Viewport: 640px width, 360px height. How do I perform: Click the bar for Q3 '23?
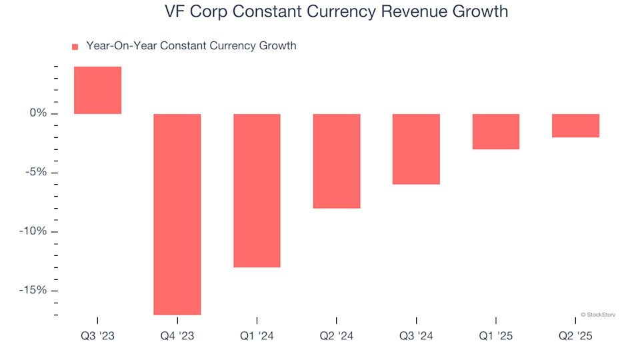pos(97,90)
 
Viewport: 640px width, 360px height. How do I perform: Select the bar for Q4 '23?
pos(177,214)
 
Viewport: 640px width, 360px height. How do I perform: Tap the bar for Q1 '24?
pos(257,191)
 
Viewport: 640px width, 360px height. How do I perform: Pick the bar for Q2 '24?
pos(337,161)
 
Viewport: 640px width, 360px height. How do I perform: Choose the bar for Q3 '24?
pos(416,149)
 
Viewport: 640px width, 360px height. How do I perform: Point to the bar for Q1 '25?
pos(496,131)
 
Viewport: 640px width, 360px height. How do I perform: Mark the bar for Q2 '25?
pos(576,125)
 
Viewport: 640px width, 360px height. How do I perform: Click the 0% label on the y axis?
pos(39,113)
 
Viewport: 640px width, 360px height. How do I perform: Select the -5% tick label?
pos(37,173)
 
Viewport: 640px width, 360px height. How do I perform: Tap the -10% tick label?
pos(34,231)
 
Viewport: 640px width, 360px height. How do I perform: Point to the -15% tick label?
pos(34,291)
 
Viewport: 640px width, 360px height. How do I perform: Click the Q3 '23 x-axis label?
pos(97,337)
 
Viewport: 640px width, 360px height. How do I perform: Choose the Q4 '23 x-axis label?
pos(177,337)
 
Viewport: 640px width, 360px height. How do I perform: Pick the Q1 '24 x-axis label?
pos(257,337)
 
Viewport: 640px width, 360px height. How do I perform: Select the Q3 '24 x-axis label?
pos(416,337)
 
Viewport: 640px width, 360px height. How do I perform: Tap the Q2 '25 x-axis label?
pos(576,337)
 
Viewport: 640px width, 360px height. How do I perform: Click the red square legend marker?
pos(75,47)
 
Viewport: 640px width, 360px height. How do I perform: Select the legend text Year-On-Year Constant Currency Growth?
pos(191,46)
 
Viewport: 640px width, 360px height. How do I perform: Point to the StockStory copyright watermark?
pos(598,314)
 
